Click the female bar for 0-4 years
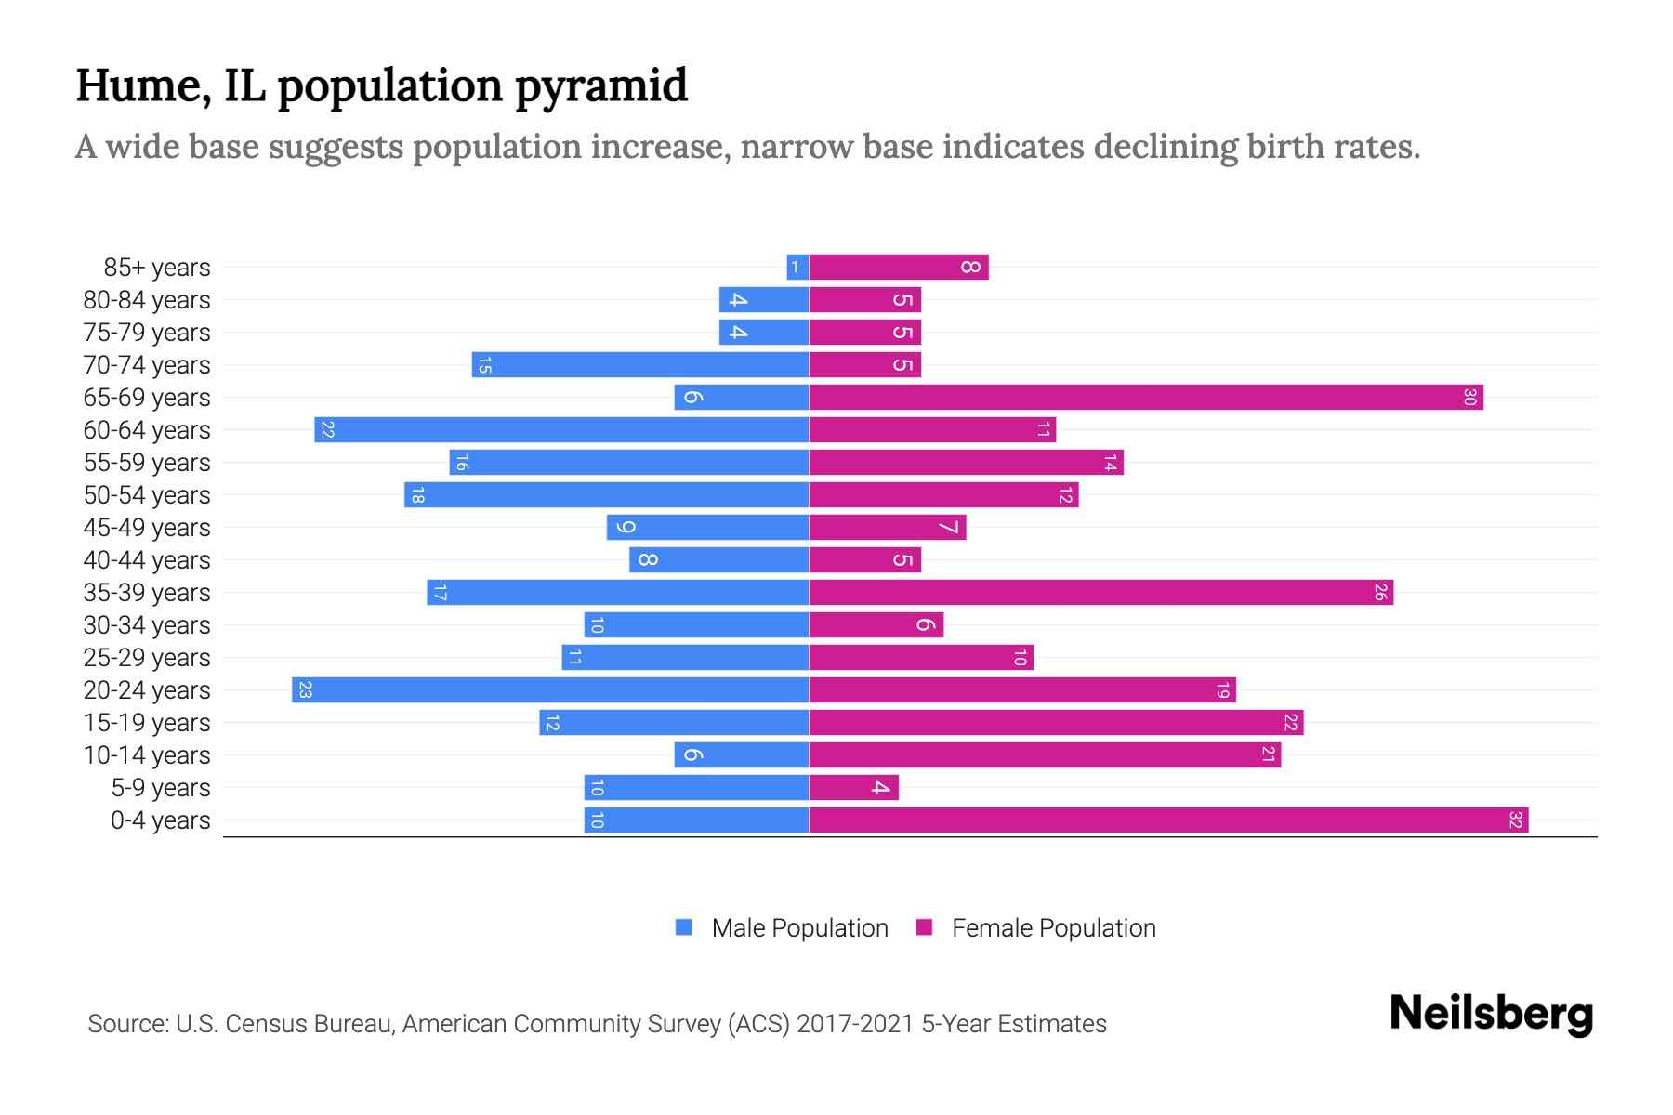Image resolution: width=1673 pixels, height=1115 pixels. tap(1168, 820)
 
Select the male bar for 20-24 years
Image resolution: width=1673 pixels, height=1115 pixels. tap(550, 690)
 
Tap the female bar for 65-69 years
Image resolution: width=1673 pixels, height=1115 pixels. tap(1146, 398)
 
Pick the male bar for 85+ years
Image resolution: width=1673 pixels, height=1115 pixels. tap(797, 268)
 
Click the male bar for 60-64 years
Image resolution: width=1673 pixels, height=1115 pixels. tap(561, 430)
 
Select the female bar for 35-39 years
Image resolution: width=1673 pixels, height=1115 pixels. tap(1101, 593)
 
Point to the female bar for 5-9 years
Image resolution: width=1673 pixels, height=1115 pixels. tap(853, 788)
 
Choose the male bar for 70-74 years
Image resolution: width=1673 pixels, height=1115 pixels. tap(640, 365)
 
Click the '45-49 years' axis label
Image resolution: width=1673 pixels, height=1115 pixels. tap(147, 528)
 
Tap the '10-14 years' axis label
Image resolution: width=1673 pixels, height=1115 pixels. tap(147, 755)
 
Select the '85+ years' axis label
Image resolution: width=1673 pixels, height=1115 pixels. tap(157, 268)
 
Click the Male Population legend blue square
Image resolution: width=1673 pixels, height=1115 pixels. tap(684, 927)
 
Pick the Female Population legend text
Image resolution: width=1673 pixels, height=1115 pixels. tap(1053, 928)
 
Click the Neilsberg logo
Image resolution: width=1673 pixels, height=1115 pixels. tap(1491, 1014)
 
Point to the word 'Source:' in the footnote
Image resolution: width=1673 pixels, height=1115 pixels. tap(127, 1024)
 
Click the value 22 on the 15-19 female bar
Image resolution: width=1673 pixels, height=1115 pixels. tap(1290, 723)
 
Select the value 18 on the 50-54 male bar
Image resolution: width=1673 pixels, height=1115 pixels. tap(417, 495)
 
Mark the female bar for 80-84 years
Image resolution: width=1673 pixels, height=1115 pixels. tap(864, 300)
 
